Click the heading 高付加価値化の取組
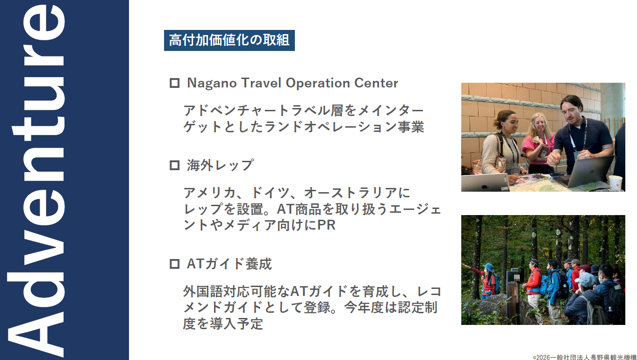(229, 40)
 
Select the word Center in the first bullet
(376, 83)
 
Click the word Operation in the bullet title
(318, 84)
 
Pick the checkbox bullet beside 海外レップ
(174, 166)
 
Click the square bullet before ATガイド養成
(174, 264)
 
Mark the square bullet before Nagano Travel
(174, 83)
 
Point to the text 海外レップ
(220, 166)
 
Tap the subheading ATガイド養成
(229, 264)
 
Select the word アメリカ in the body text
(209, 193)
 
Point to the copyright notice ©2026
(584, 357)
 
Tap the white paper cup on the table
(615, 183)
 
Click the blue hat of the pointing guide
(488, 267)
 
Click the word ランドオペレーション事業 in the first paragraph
(344, 127)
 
